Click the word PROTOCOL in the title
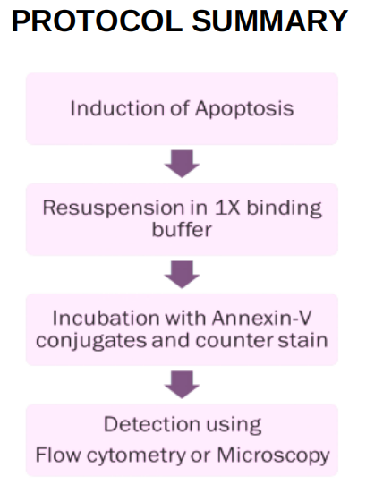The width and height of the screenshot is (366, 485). [x=98, y=21]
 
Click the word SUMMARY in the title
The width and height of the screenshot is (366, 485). [x=270, y=21]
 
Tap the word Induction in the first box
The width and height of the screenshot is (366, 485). [x=117, y=108]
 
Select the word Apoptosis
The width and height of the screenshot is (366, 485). [x=244, y=109]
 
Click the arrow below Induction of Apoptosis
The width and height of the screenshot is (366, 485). [x=182, y=164]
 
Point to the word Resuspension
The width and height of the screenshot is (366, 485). [x=114, y=208]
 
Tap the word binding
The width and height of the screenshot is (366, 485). [x=284, y=208]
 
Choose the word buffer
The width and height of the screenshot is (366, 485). [x=182, y=229]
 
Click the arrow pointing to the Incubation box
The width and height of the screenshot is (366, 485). [x=182, y=275]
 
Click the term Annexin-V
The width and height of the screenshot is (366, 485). [x=261, y=318]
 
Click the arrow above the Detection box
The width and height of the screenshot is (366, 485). [x=182, y=385]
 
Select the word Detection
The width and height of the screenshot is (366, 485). [x=151, y=424]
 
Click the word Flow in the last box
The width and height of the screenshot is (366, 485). [x=58, y=455]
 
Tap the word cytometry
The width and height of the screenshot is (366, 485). [x=136, y=456]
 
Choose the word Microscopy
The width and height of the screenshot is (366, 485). [x=274, y=456]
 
